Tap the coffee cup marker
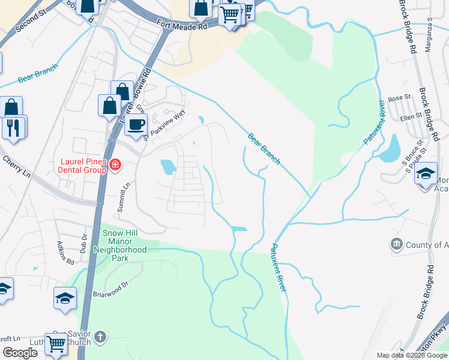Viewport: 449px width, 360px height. (137, 125)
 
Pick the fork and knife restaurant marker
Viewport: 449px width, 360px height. (13, 127)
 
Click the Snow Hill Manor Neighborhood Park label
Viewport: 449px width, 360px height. (124, 245)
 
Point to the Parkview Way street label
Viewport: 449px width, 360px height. (168, 122)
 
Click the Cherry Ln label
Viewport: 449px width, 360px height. (16, 165)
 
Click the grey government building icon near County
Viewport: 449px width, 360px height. (396, 244)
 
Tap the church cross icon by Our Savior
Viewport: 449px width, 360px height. (100, 337)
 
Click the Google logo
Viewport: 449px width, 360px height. (20, 353)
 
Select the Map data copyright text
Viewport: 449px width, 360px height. (411, 355)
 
